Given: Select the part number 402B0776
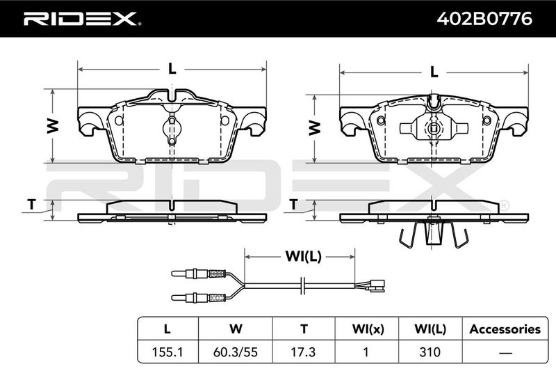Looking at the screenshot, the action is [484, 19].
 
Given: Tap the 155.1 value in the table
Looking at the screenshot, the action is [167, 352].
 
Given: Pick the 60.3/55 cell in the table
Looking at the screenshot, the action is [236, 352].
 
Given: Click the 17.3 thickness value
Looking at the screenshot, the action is [304, 352].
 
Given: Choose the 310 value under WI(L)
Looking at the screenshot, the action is [430, 352].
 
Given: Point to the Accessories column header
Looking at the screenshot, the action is [505, 329].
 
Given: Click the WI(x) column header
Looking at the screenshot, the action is [368, 329].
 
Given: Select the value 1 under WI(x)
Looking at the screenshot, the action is [366, 352].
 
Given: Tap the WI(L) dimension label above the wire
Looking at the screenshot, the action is [304, 256].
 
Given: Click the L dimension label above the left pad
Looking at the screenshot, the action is [172, 68].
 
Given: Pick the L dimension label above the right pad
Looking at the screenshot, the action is [434, 72].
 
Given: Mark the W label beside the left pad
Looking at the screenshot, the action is [53, 126].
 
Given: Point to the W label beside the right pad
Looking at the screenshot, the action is [315, 128].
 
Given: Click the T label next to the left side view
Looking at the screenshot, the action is [32, 204].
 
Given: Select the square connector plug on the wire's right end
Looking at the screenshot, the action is [377, 286].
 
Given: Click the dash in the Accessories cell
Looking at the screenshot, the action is [505, 352].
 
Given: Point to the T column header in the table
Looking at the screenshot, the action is [304, 329].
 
